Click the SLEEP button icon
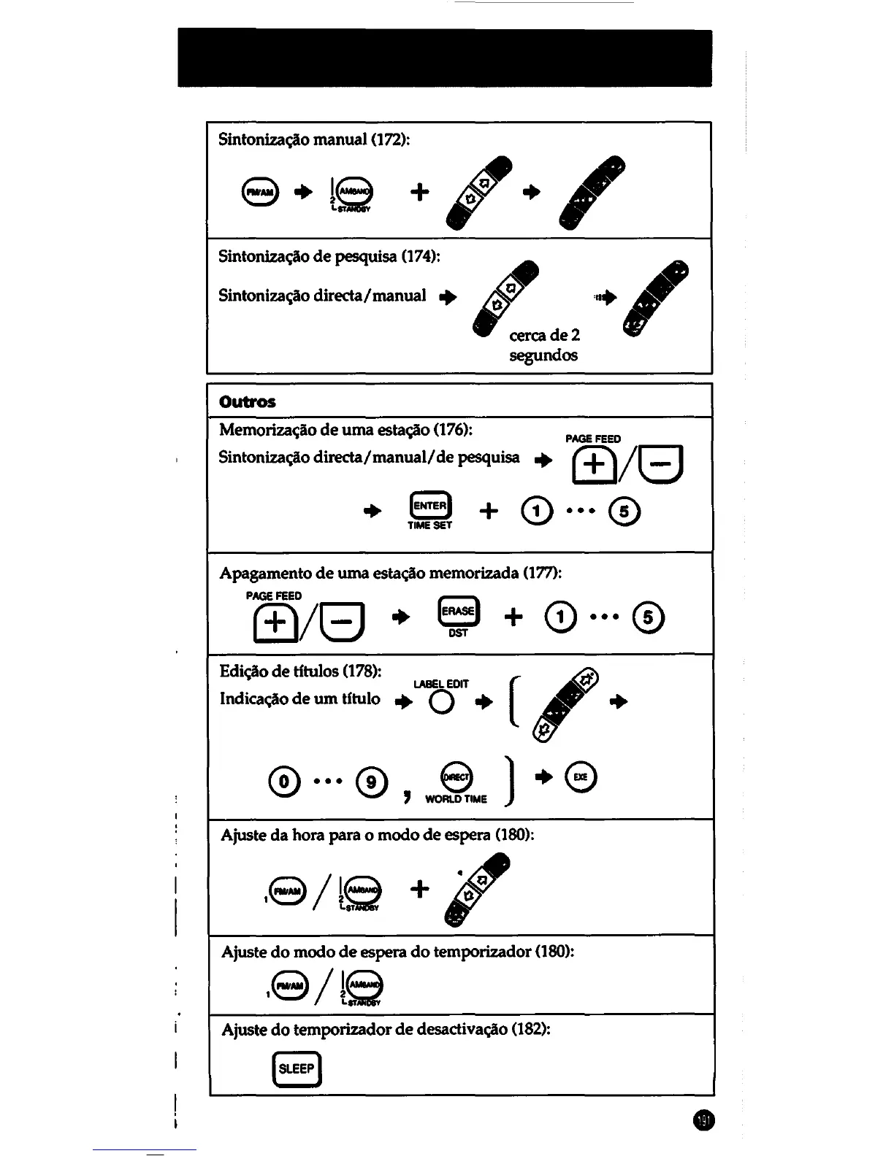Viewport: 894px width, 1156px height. (x=296, y=1068)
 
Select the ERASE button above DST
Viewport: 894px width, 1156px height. (x=458, y=612)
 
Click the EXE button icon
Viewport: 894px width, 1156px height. (x=581, y=777)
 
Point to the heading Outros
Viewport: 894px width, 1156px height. (x=248, y=401)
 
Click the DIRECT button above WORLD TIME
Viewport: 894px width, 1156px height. (x=458, y=777)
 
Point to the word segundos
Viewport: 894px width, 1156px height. (x=543, y=355)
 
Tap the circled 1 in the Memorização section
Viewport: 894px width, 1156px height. (x=538, y=511)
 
